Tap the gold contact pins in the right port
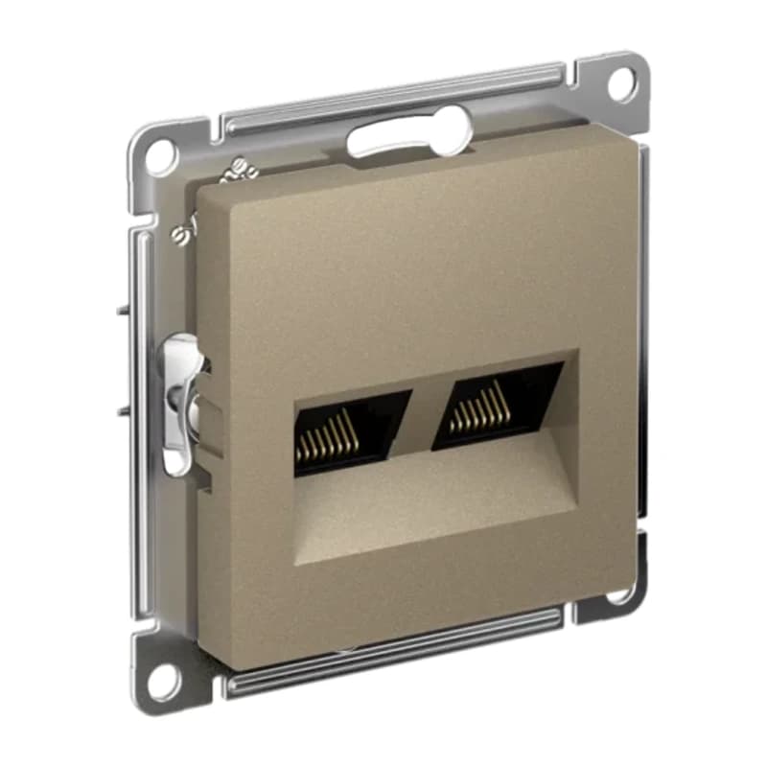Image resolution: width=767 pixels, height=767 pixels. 476,416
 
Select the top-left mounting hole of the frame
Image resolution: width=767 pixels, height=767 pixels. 159,153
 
